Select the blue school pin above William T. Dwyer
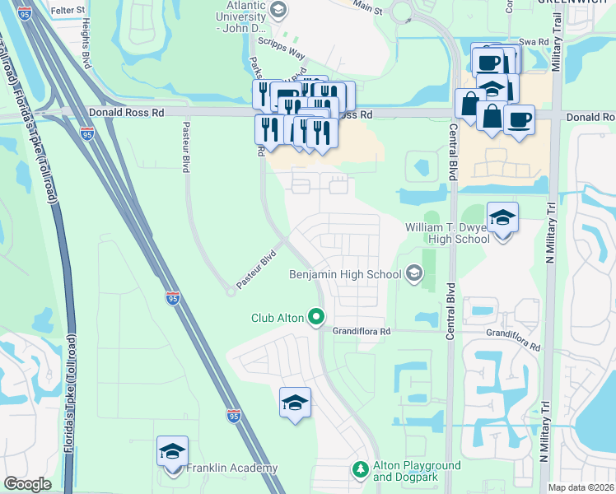[x=502, y=218]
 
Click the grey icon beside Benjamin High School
[x=413, y=273]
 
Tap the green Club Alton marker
[x=315, y=317]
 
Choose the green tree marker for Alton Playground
[x=359, y=469]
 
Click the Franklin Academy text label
[x=231, y=468]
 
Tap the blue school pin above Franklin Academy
[x=172, y=452]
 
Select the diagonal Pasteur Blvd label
[x=255, y=271]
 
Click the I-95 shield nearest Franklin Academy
[x=234, y=416]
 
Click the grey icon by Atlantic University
[x=278, y=9]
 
